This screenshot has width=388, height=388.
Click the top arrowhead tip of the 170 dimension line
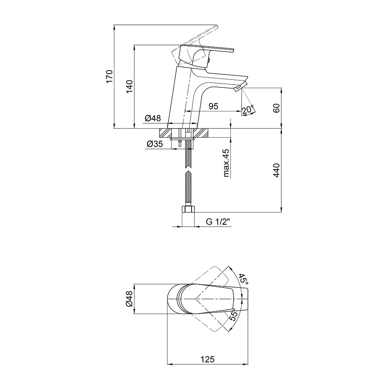pos(114,25)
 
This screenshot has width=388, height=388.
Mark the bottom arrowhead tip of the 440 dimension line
pos(281,212)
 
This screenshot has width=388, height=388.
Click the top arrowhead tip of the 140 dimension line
pos(134,45)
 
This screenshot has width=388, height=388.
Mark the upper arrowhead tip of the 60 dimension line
pos(281,88)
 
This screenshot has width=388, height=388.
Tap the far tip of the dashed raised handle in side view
pos(218,26)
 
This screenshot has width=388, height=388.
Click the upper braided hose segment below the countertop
pos(189,153)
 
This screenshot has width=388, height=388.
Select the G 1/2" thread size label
pos(218,222)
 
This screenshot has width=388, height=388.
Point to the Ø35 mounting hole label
pos(155,144)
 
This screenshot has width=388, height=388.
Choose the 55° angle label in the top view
pos(234,315)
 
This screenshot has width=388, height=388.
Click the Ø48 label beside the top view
pos(129,299)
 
